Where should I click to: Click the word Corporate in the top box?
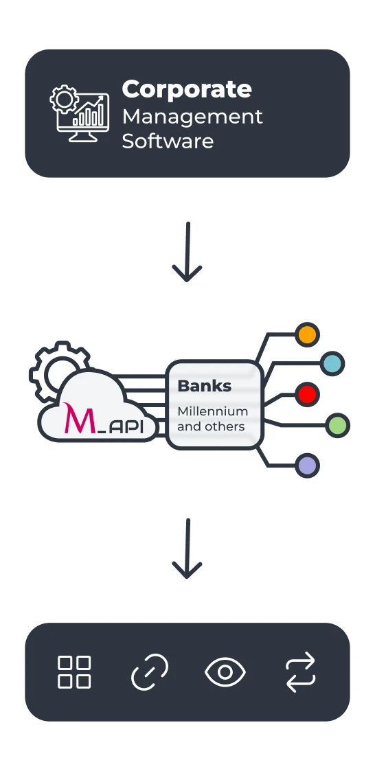(187, 89)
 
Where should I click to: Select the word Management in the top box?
(192, 116)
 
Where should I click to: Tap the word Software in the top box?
(168, 141)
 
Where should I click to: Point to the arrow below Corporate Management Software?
(187, 251)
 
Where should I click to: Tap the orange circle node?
(307, 335)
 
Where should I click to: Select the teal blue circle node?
(332, 363)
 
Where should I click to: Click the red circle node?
(307, 394)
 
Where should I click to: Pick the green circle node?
(337, 425)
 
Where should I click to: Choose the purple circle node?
(307, 466)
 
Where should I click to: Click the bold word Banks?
(204, 386)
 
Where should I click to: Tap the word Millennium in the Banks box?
(212, 411)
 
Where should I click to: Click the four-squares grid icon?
(74, 671)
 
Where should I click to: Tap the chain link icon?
(150, 671)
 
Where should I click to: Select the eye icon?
(225, 671)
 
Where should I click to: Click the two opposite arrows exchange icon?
(300, 671)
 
